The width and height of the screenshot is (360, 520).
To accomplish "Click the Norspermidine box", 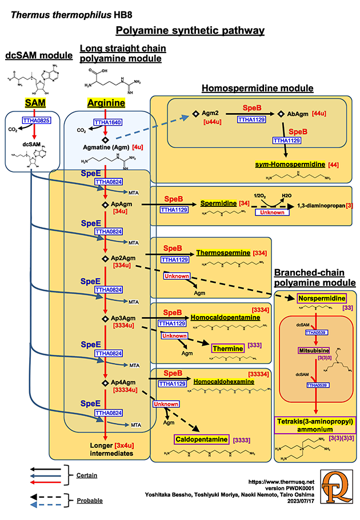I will [321, 298].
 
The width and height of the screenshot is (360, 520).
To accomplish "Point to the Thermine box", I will [227, 347].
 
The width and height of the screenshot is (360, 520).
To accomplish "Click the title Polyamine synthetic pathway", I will [190, 31].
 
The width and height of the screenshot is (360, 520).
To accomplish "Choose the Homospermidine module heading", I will [258, 88].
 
